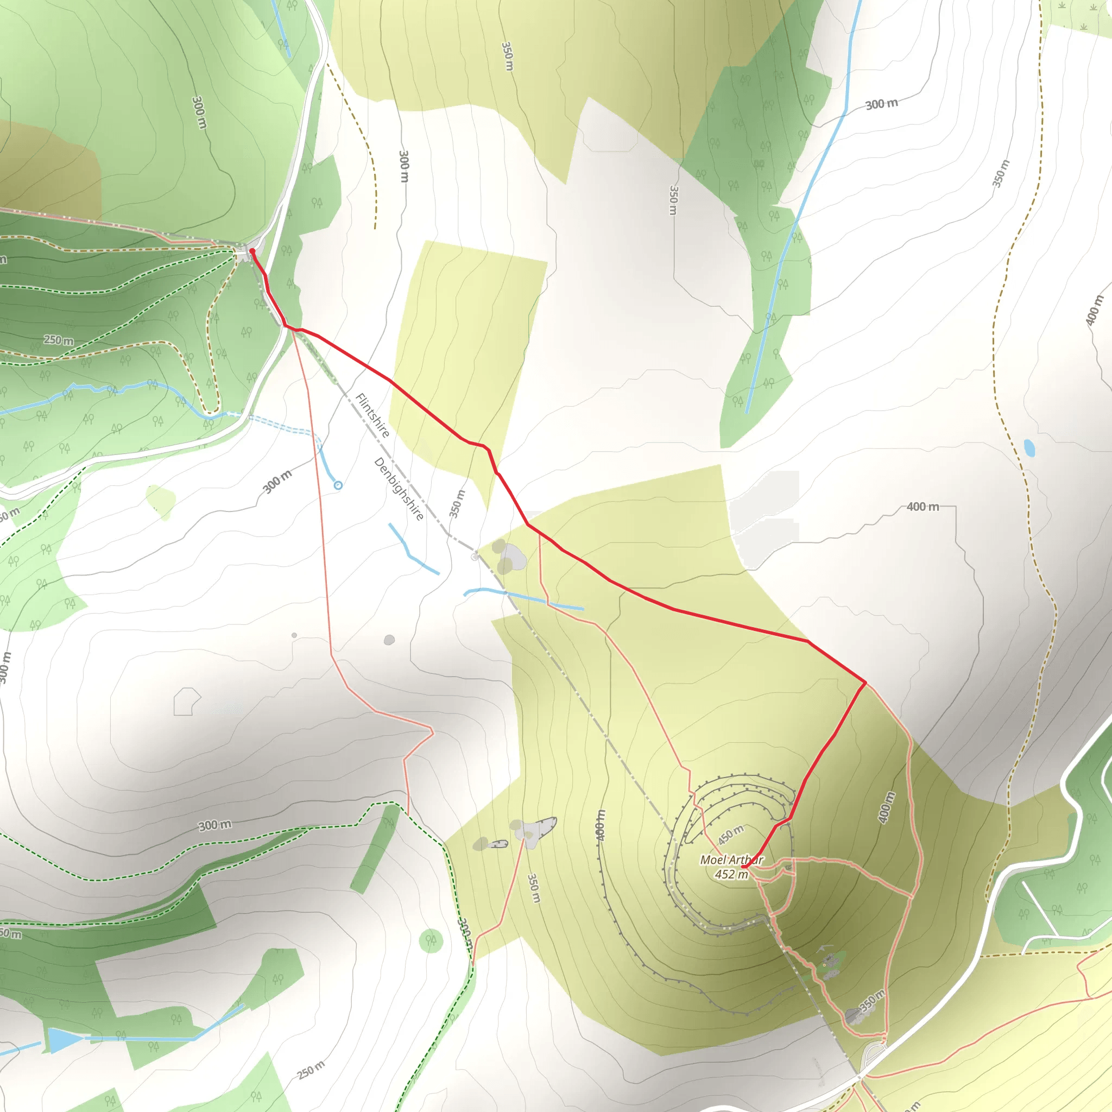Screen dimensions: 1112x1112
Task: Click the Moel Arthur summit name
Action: click(x=731, y=860)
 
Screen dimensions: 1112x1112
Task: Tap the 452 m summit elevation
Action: click(x=731, y=874)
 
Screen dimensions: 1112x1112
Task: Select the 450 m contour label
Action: click(x=730, y=835)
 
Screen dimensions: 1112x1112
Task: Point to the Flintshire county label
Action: click(x=373, y=415)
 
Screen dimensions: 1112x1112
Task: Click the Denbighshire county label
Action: click(x=399, y=489)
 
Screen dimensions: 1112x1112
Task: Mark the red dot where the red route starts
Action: click(x=252, y=251)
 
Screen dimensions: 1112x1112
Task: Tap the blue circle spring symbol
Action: click(x=338, y=485)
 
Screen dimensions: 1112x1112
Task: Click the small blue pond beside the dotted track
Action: click(x=1029, y=448)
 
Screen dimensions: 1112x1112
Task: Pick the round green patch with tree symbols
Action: click(x=431, y=940)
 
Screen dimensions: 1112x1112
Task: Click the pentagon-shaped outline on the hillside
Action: click(x=186, y=702)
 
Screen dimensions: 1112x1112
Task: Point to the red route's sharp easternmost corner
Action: click(x=865, y=683)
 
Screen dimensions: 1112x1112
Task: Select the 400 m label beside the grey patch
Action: click(x=922, y=507)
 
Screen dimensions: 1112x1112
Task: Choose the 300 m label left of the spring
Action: click(x=277, y=481)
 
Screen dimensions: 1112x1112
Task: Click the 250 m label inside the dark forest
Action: click(x=59, y=340)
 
